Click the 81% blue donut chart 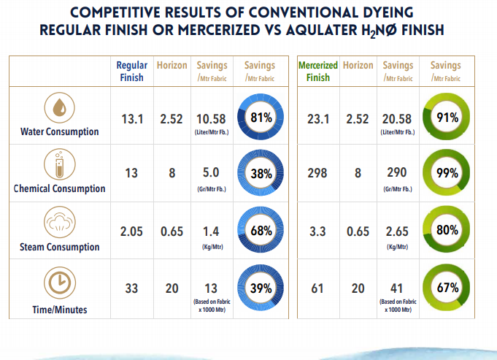coord(261,117)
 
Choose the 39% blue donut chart coord(261,288)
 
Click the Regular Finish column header coord(131,71)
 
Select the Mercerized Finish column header coord(317,71)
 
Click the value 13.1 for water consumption coord(131,118)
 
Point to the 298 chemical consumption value coord(317,174)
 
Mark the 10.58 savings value coord(212,118)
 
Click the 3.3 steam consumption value coord(317,231)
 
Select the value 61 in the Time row coord(317,288)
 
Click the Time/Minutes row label coord(60,310)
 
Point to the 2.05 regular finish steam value coord(131,231)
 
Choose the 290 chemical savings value coord(398,174)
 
